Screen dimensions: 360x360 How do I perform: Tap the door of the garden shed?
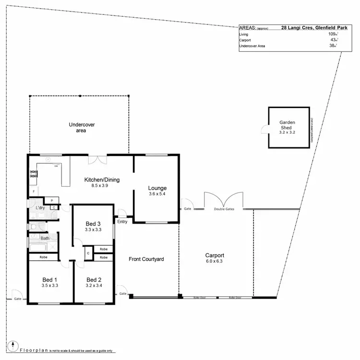click(x=264, y=129)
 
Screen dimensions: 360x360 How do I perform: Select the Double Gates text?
click(x=223, y=210)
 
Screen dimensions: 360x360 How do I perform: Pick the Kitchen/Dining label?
click(x=102, y=180)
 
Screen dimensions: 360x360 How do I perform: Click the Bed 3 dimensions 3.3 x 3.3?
click(x=93, y=230)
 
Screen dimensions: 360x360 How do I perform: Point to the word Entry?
click(x=122, y=221)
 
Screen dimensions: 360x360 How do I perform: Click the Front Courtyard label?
click(x=146, y=259)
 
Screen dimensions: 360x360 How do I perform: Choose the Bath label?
click(x=45, y=238)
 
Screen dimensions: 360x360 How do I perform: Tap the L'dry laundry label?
click(x=40, y=208)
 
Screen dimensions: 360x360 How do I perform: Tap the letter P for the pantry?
click(x=51, y=200)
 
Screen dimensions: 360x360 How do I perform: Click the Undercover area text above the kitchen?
click(x=81, y=127)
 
